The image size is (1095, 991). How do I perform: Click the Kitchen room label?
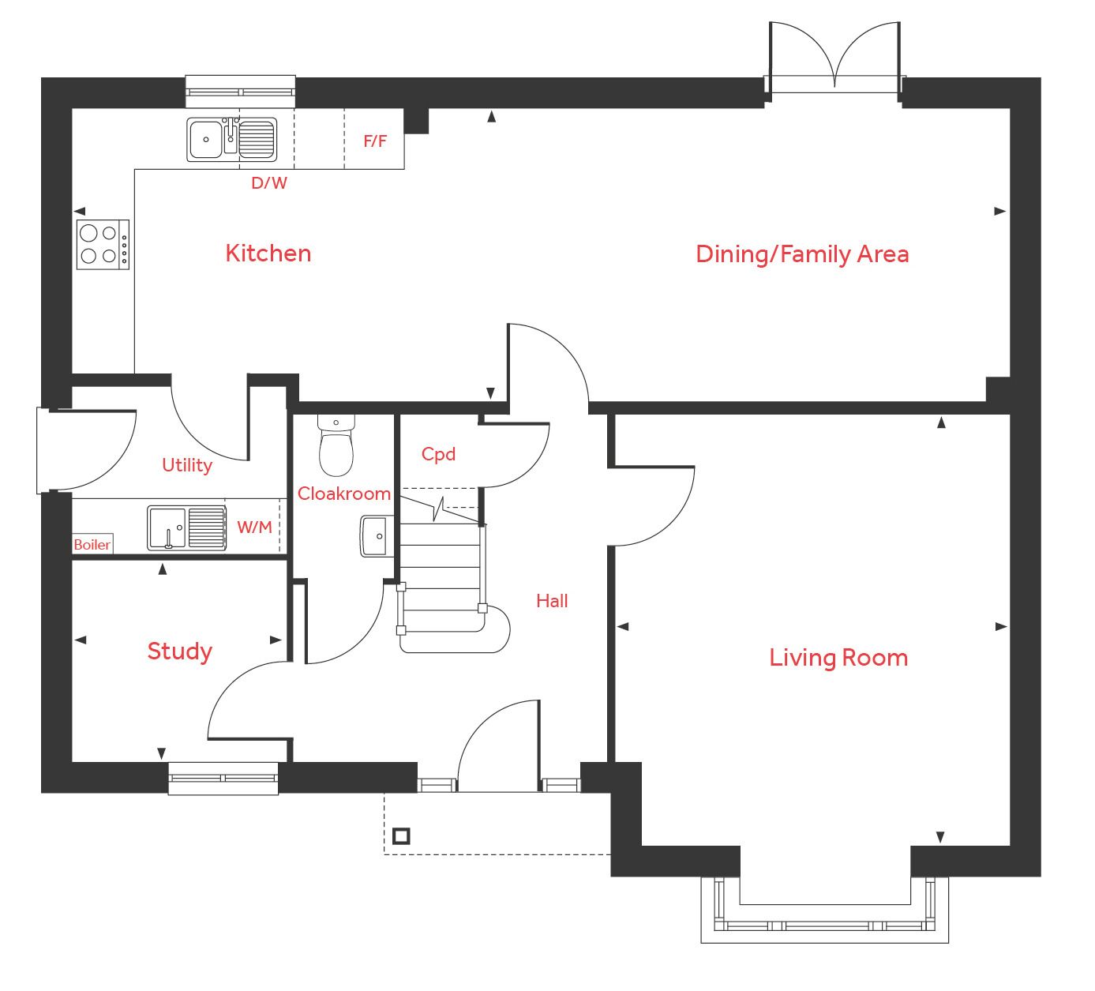268,253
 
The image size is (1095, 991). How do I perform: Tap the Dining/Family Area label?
801,254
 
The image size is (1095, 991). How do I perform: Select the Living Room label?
838,658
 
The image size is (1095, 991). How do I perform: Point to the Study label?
179,651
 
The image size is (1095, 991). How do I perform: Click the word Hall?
552,601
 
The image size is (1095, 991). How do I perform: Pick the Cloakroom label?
343,494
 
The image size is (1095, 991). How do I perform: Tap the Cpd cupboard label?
438,454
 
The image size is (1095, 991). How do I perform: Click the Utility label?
186,465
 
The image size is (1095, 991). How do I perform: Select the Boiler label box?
92,544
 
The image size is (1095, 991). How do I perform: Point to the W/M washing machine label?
254,527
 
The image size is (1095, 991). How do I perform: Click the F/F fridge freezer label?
375,141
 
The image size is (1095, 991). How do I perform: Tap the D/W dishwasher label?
269,183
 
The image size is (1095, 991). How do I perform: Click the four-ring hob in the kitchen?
103,244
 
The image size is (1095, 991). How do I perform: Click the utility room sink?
186,527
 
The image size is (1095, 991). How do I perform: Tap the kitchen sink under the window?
232,140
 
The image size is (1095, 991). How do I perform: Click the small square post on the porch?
401,835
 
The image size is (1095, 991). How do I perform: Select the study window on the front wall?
223,778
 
